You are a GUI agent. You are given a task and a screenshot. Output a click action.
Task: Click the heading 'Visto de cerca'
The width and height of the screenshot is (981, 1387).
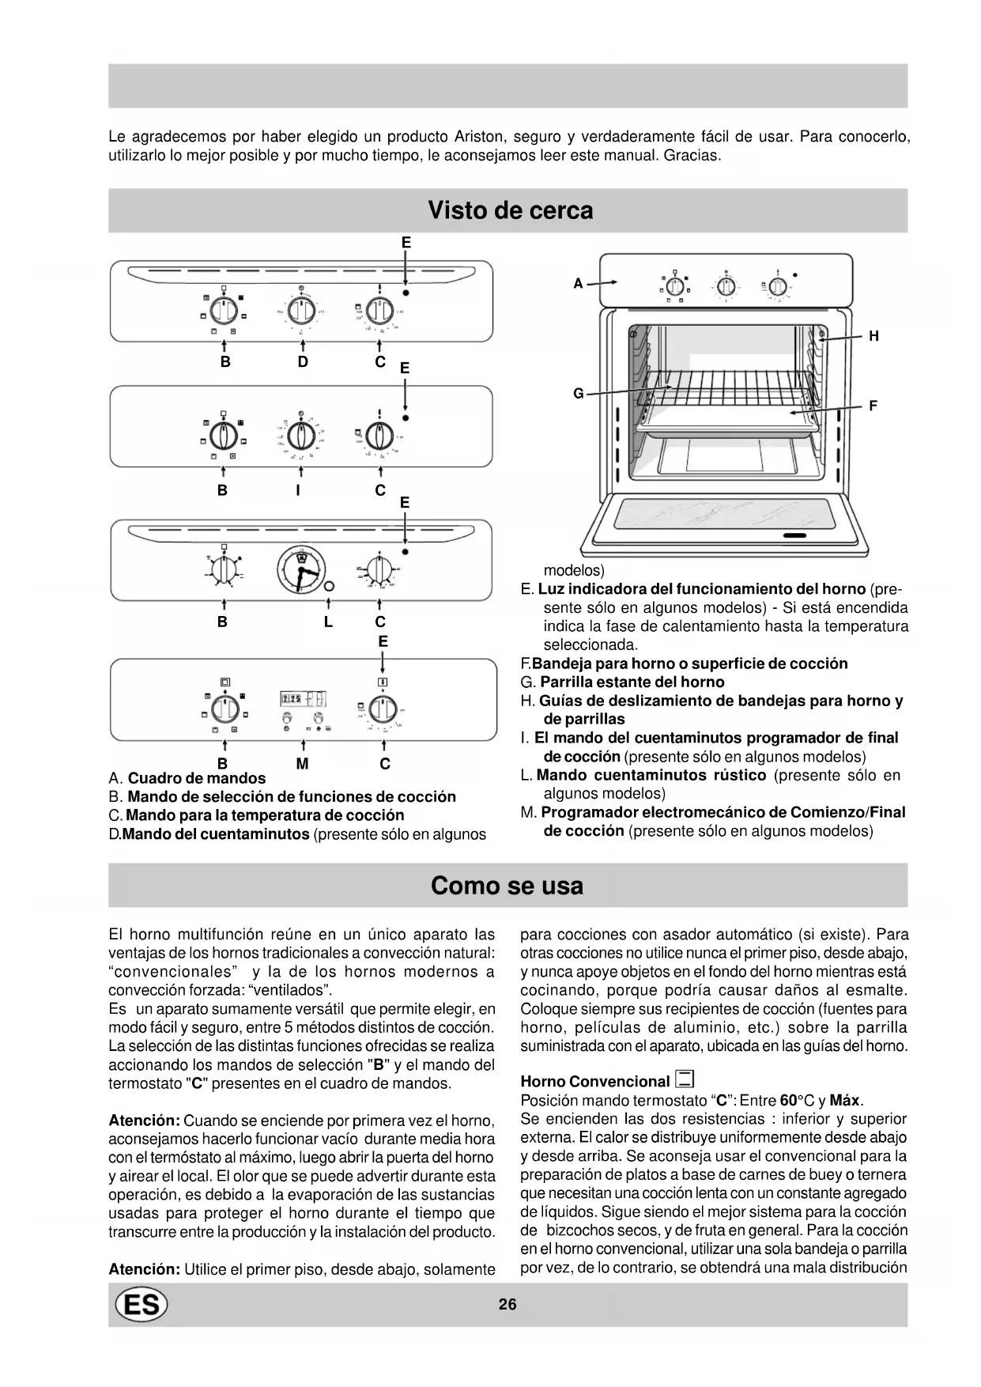click(x=510, y=210)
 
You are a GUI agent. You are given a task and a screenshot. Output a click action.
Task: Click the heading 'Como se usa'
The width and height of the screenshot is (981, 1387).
click(x=507, y=885)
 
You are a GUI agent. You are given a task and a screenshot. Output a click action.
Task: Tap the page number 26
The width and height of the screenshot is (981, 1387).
click(x=507, y=1304)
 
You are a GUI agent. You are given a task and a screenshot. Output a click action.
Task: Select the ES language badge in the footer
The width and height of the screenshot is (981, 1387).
click(x=141, y=1304)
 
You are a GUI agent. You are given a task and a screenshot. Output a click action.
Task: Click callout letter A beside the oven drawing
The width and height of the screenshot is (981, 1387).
click(x=578, y=283)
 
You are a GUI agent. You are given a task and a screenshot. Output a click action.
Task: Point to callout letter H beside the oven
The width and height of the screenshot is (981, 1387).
click(x=873, y=336)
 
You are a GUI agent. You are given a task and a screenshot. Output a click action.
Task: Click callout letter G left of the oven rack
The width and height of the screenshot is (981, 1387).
click(x=579, y=393)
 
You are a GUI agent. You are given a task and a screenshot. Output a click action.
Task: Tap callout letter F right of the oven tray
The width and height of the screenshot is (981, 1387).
click(x=873, y=406)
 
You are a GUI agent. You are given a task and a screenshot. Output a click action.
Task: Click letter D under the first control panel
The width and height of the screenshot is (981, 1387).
click(x=303, y=362)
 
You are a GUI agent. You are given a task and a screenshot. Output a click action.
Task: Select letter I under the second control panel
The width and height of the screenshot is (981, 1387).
click(x=298, y=490)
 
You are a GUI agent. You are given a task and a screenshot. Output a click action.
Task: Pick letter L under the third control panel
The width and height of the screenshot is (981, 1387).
click(x=328, y=622)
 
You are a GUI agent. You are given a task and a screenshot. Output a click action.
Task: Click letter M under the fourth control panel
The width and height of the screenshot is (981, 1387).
click(x=303, y=764)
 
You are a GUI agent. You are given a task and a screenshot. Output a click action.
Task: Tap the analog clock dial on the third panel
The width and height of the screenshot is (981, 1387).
click(x=300, y=569)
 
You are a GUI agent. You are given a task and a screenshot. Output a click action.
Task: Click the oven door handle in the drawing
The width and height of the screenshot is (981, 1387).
click(x=794, y=536)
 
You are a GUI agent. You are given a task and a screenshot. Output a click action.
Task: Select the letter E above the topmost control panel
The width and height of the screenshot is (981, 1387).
click(x=406, y=243)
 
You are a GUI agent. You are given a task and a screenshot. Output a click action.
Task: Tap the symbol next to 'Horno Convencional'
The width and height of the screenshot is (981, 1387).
click(x=685, y=1079)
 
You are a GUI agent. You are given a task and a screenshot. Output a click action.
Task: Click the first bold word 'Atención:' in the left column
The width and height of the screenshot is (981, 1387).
click(x=145, y=1121)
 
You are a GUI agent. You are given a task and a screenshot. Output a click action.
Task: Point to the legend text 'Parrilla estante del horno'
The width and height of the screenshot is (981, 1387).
click(x=632, y=682)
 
